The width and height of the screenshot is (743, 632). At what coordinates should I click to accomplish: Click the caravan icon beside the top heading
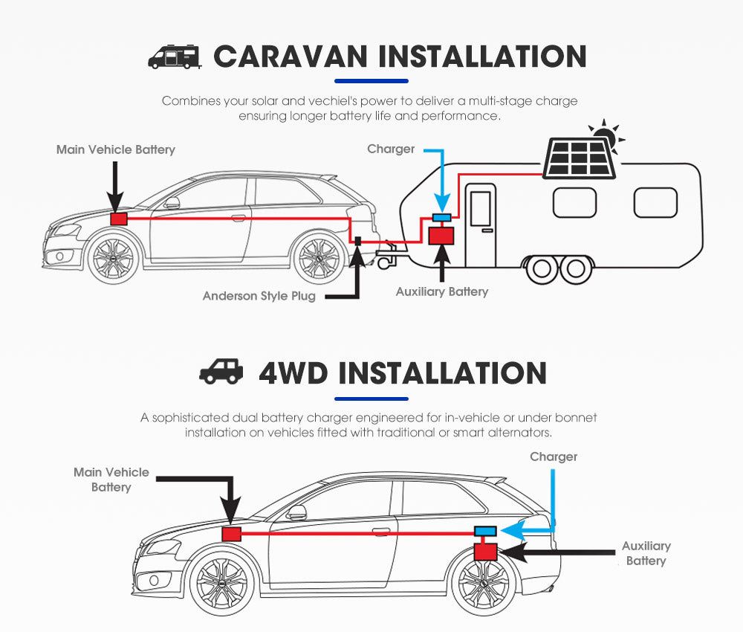(x=175, y=57)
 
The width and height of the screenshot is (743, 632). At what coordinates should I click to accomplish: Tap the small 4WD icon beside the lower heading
(x=221, y=372)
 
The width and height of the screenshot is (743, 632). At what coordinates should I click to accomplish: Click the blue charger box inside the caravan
(x=442, y=217)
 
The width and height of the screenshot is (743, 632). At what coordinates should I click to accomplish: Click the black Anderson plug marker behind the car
(x=357, y=242)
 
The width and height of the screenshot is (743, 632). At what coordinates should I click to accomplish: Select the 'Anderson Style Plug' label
(x=259, y=296)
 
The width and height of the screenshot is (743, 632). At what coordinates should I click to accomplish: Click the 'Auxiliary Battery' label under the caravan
(x=442, y=291)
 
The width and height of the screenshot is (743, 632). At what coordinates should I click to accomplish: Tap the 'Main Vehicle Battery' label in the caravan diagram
(x=116, y=149)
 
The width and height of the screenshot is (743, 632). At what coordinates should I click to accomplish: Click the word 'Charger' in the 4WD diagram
(x=553, y=457)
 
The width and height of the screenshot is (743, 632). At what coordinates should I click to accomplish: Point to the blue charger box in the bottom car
(x=486, y=531)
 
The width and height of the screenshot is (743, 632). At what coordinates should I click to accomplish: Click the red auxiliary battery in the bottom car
(x=486, y=551)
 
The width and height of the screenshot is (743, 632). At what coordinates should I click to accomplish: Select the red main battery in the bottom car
(x=232, y=534)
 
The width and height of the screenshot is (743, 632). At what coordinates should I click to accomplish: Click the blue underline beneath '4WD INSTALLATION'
(x=371, y=399)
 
